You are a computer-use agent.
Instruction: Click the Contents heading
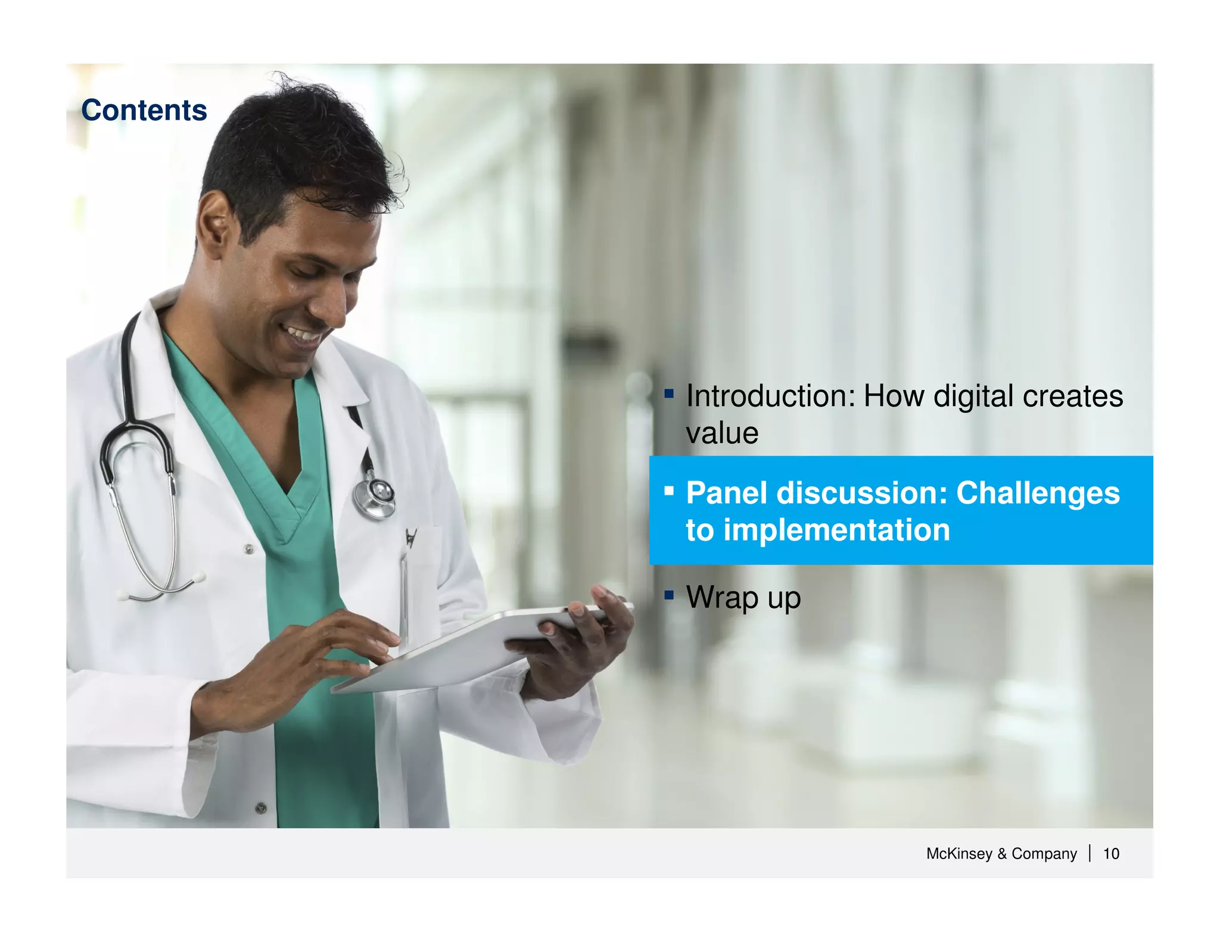144,110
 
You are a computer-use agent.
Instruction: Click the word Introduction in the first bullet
770,396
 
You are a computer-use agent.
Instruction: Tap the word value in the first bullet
722,433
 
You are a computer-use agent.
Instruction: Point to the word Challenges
1038,493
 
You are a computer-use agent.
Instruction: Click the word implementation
836,530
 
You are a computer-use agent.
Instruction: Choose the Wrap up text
743,597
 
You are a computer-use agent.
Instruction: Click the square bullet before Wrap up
669,594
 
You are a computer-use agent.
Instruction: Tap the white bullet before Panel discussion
669,491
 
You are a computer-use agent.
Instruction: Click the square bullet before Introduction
669,394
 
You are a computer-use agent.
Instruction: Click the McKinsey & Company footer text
1001,853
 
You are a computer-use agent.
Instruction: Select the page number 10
1110,853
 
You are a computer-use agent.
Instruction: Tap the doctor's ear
216,225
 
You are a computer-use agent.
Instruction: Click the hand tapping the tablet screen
322,655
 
